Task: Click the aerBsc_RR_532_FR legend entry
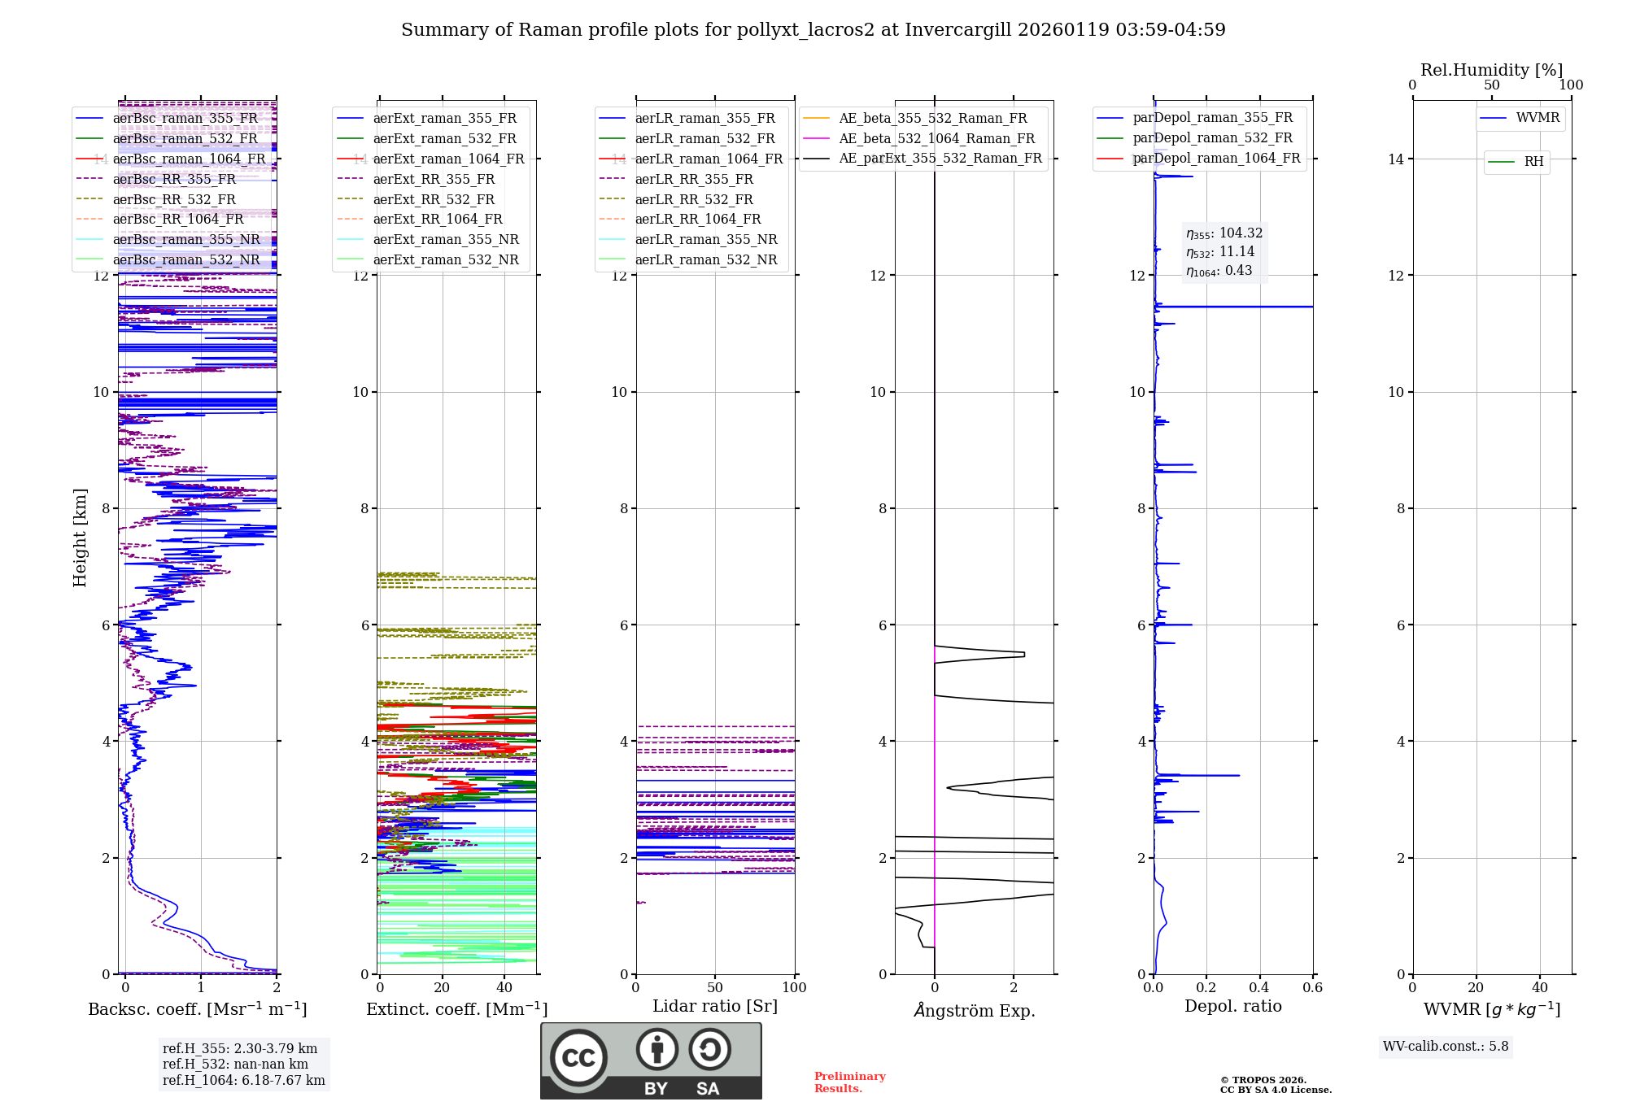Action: pos(174,199)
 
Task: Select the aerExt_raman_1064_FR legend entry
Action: pos(448,159)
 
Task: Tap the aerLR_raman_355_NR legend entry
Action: pos(705,240)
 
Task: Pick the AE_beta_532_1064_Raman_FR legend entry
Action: pos(936,139)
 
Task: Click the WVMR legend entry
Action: pos(1538,118)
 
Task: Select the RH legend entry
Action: pos(1533,162)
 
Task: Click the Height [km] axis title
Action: pos(80,538)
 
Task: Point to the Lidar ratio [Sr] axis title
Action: pos(715,1006)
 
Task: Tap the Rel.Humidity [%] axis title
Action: pos(1491,70)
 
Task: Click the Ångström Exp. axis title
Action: pos(974,1010)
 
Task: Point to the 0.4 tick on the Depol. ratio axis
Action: pos(1259,988)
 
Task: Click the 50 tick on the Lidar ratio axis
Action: pos(715,988)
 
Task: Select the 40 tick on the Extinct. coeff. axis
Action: pos(504,988)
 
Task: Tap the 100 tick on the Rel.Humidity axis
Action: pos(1571,85)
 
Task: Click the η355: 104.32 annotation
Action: pos(1224,233)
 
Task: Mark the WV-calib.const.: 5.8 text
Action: pos(1446,1047)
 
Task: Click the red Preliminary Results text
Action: pos(849,1082)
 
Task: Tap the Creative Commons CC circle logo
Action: pos(578,1058)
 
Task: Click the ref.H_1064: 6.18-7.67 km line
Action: pos(244,1081)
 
